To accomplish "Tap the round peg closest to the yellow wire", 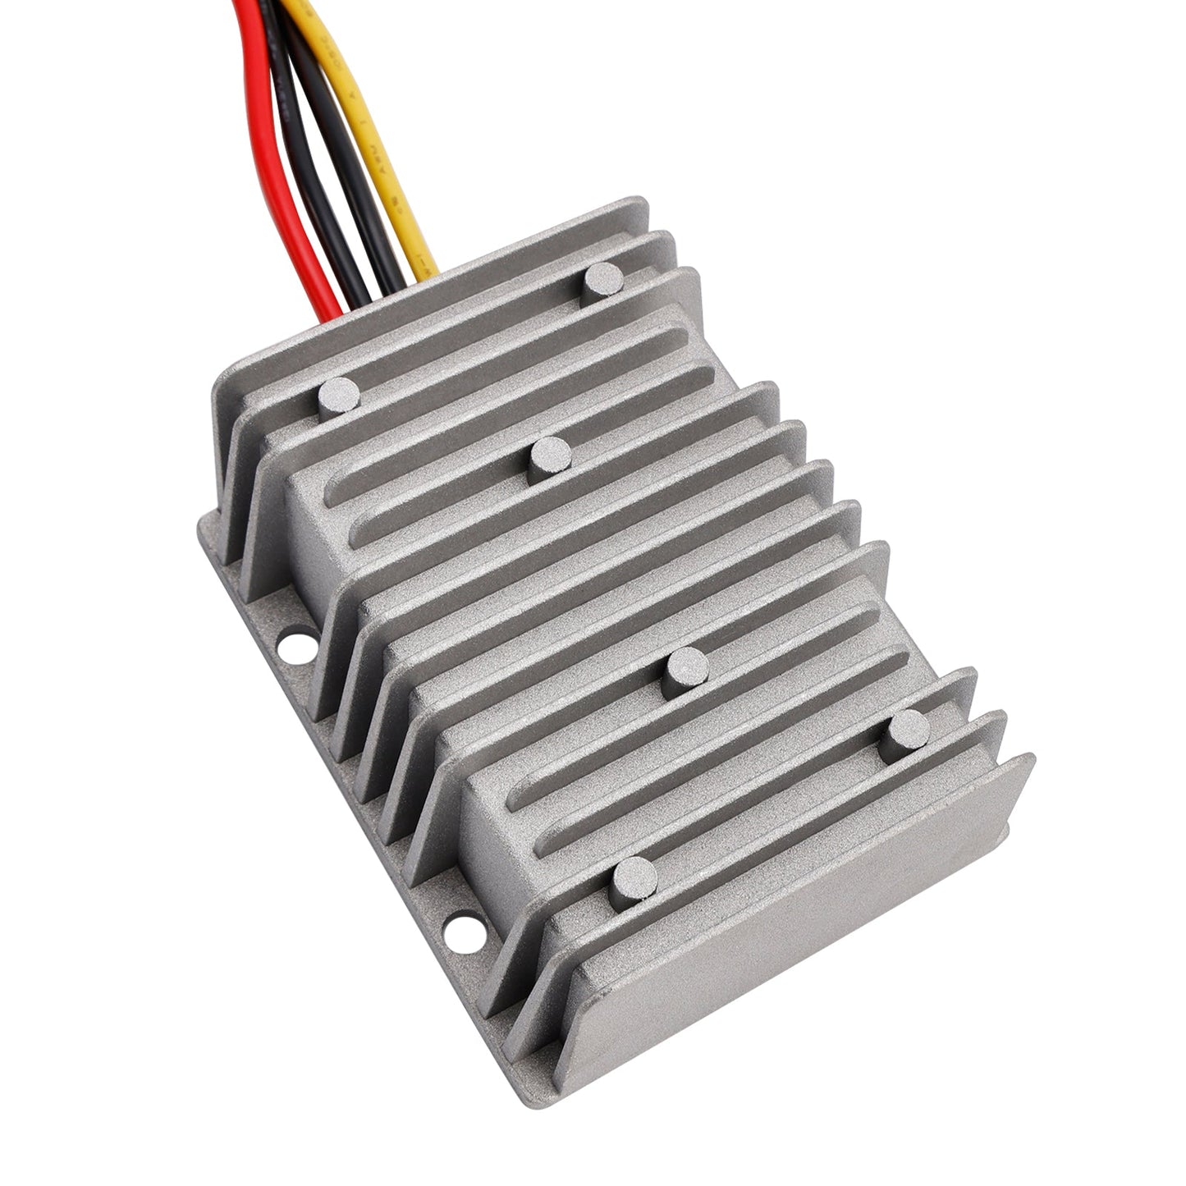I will click(x=602, y=283).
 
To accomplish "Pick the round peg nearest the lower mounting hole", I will click(x=634, y=882).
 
